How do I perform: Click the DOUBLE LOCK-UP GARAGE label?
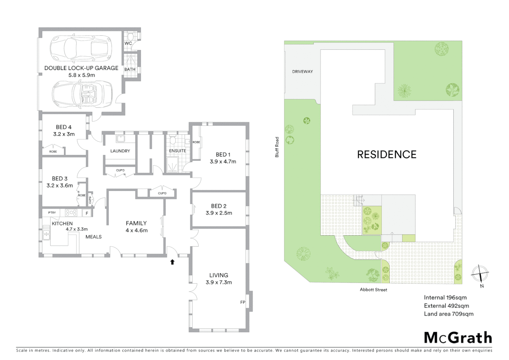[81, 68]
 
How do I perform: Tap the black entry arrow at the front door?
[172, 262]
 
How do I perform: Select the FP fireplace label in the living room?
[243, 302]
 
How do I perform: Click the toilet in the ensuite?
[172, 140]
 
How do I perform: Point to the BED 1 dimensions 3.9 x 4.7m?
[223, 162]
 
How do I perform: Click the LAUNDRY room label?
[120, 151]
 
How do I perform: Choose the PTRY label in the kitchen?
[52, 213]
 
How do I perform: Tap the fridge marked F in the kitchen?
[87, 213]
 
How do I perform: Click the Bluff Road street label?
[277, 147]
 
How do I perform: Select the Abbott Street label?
[373, 290]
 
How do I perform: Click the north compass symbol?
[480, 274]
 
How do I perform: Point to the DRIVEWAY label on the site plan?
[302, 72]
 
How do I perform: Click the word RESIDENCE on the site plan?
[387, 155]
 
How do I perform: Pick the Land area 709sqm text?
[448, 314]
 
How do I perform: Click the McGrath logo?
[458, 338]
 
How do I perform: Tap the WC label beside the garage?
[128, 43]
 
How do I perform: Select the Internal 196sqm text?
[445, 298]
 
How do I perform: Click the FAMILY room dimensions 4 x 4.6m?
[137, 230]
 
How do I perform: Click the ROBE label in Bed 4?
[53, 152]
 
